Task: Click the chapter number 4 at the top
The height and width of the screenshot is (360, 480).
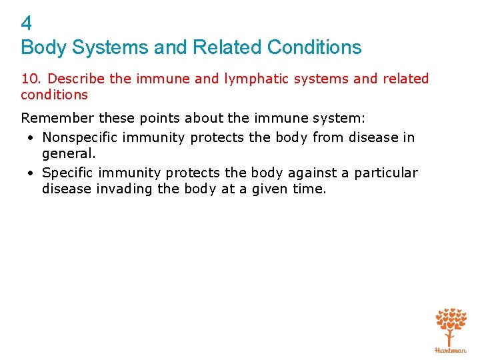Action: (26, 24)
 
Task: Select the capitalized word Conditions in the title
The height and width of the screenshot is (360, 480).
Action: (314, 47)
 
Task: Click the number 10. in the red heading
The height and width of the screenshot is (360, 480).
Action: (31, 79)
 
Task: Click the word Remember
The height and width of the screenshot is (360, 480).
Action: (57, 119)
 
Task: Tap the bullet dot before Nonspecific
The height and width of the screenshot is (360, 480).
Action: (31, 138)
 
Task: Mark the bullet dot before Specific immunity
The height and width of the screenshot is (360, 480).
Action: (31, 173)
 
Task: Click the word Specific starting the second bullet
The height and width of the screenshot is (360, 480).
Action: (67, 173)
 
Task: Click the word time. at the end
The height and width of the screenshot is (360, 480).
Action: (309, 189)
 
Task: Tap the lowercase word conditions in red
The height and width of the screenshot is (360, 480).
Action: (54, 95)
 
